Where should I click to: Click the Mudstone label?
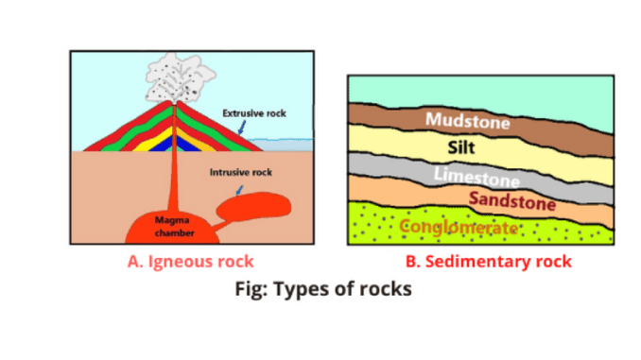pyautogui.click(x=467, y=121)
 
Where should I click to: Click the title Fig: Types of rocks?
pyautogui.click(x=322, y=289)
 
